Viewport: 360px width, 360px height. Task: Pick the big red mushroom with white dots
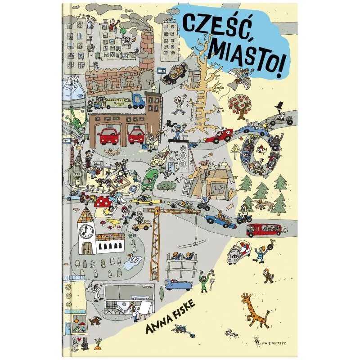coord(107,201)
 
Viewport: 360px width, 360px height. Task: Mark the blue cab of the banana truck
coord(138,101)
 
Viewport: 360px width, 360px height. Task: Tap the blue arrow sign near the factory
coord(161,71)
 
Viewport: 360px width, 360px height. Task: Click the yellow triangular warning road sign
coord(236,150)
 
